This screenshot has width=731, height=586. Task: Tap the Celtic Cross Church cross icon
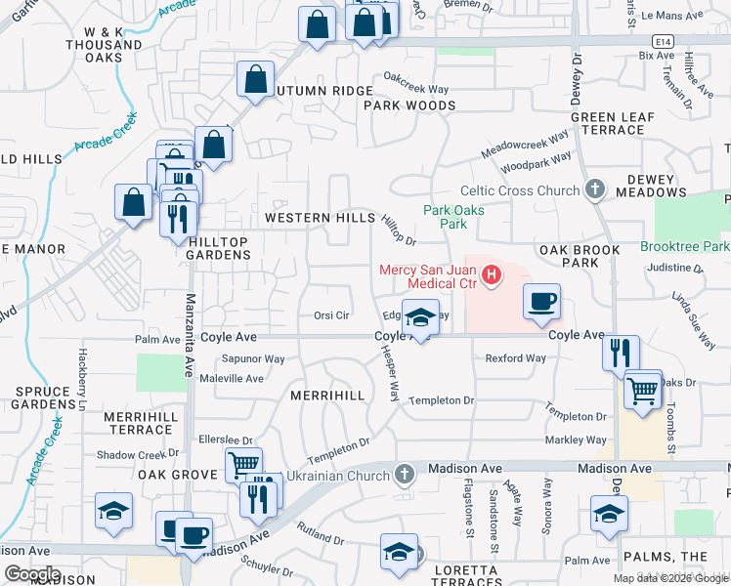click(594, 190)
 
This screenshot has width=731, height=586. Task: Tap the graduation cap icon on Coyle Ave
click(420, 318)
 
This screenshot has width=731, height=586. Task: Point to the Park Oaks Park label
click(446, 217)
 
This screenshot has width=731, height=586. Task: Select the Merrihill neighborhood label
click(327, 395)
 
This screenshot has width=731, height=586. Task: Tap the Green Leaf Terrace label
click(613, 123)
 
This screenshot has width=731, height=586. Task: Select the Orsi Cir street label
click(331, 315)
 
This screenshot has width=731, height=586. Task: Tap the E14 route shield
click(665, 41)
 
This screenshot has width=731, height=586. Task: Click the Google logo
click(32, 574)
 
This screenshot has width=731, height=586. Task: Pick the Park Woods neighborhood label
click(409, 105)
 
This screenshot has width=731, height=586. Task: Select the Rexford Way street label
click(516, 358)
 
